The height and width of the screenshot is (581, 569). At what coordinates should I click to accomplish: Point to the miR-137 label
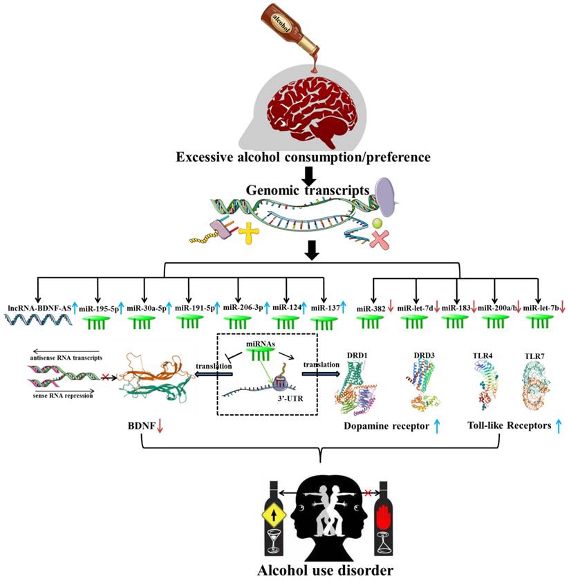point(324,307)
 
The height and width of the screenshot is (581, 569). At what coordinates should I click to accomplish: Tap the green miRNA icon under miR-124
point(284,322)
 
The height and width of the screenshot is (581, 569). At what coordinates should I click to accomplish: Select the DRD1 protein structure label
point(357,358)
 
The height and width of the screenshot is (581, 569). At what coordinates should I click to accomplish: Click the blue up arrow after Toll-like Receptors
point(558,427)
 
